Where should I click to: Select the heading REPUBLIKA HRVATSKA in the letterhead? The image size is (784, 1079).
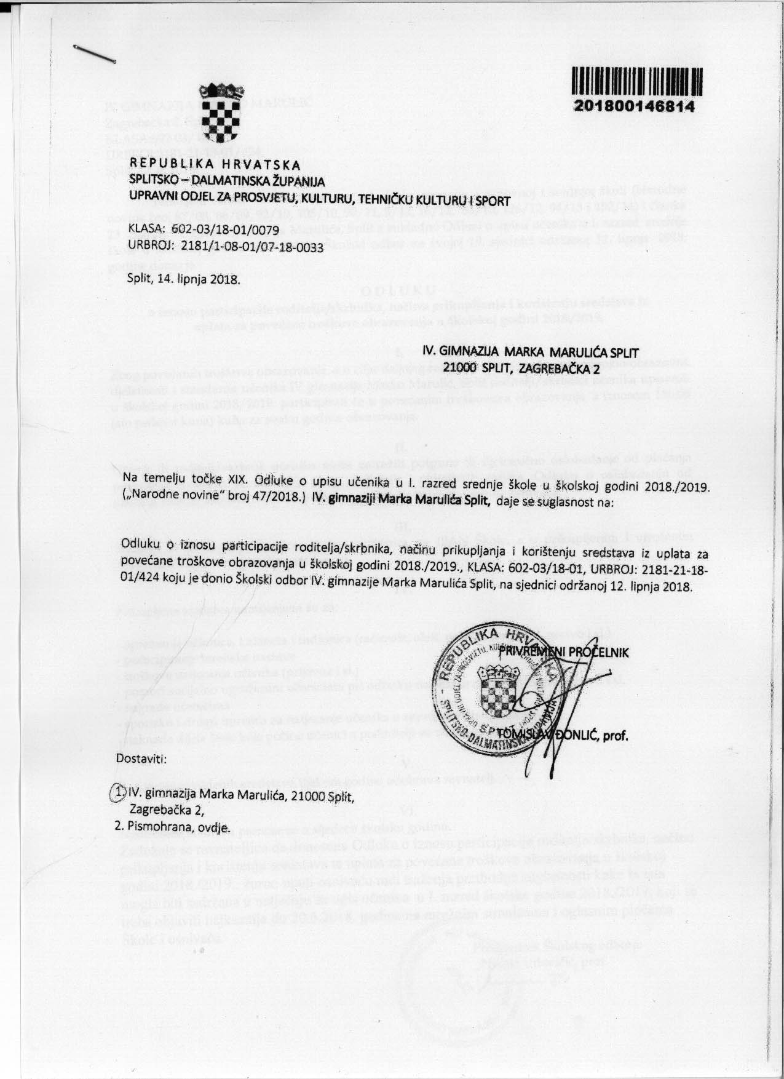pos(215,165)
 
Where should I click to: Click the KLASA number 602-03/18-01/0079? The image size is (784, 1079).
pos(220,230)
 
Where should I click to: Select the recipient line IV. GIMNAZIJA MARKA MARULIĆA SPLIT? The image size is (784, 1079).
pos(531,352)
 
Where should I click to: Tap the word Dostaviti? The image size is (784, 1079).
pos(141,757)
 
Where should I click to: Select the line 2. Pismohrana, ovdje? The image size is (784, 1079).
pos(173,827)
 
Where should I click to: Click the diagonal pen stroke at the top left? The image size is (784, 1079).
pos(94,54)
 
